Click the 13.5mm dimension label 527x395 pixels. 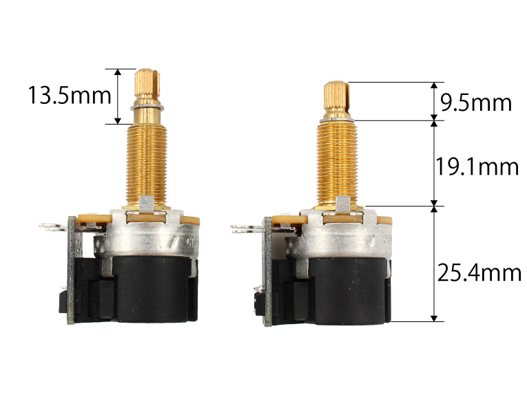coord(70,96)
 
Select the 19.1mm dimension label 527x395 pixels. coord(477,167)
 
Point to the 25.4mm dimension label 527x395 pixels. coord(479,273)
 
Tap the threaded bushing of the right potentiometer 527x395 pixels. coord(337,164)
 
